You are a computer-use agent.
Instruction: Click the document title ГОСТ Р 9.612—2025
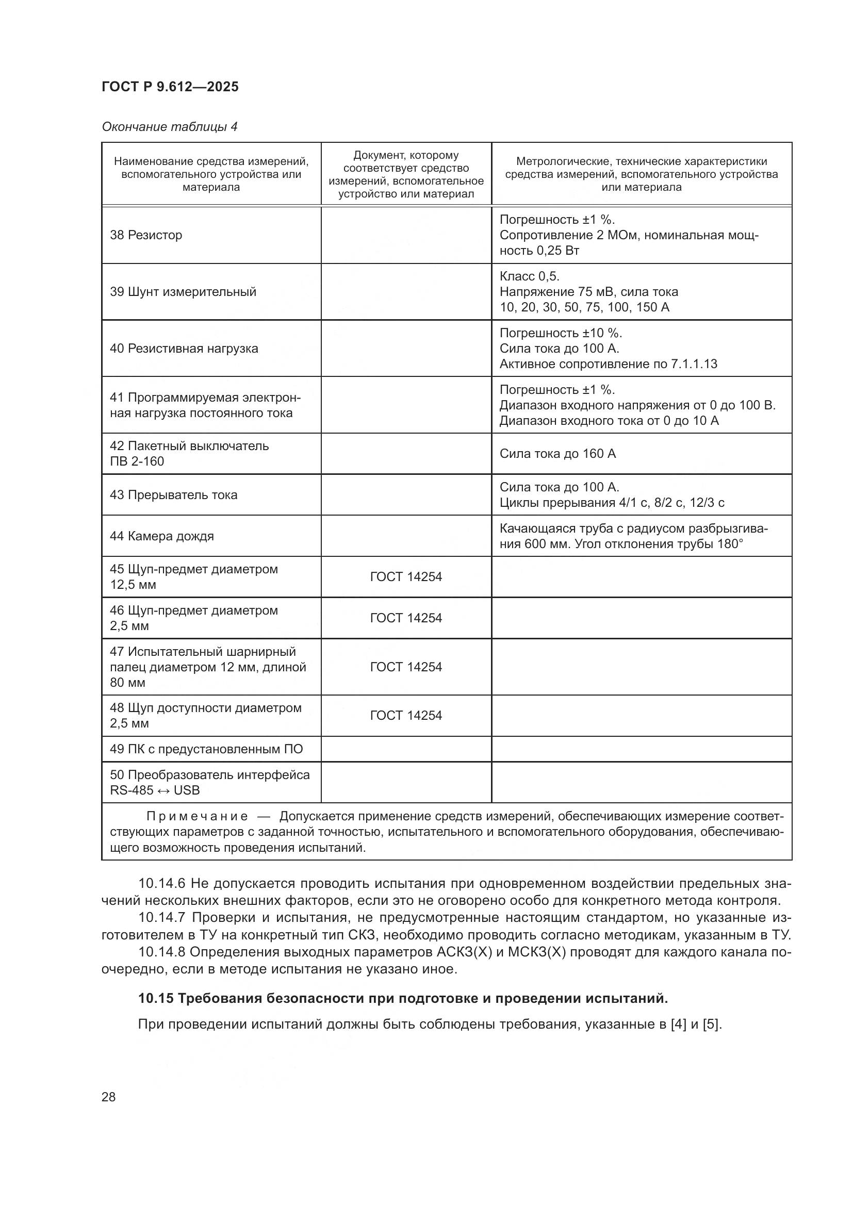pos(170,87)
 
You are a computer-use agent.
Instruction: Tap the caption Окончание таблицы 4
pos(169,127)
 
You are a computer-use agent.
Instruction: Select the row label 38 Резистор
pos(145,235)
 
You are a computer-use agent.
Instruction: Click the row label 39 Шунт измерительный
pos(183,291)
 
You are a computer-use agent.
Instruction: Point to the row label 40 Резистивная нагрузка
pos(184,348)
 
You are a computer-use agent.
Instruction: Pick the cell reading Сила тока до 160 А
pos(557,453)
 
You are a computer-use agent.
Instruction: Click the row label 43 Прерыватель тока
pos(173,495)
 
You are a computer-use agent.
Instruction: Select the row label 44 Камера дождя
pos(162,536)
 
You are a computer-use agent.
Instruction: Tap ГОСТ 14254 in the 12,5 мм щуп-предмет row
pos(406,577)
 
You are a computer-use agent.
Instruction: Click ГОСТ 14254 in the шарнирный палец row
pos(406,667)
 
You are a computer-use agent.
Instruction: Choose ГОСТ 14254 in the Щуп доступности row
pos(406,716)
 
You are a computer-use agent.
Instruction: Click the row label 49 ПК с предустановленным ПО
pos(206,749)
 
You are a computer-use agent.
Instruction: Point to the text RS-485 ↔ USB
pos(154,790)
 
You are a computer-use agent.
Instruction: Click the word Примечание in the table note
pos(196,816)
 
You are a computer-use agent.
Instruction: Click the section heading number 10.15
pos(155,999)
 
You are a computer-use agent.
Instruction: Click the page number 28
pos(108,1097)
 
